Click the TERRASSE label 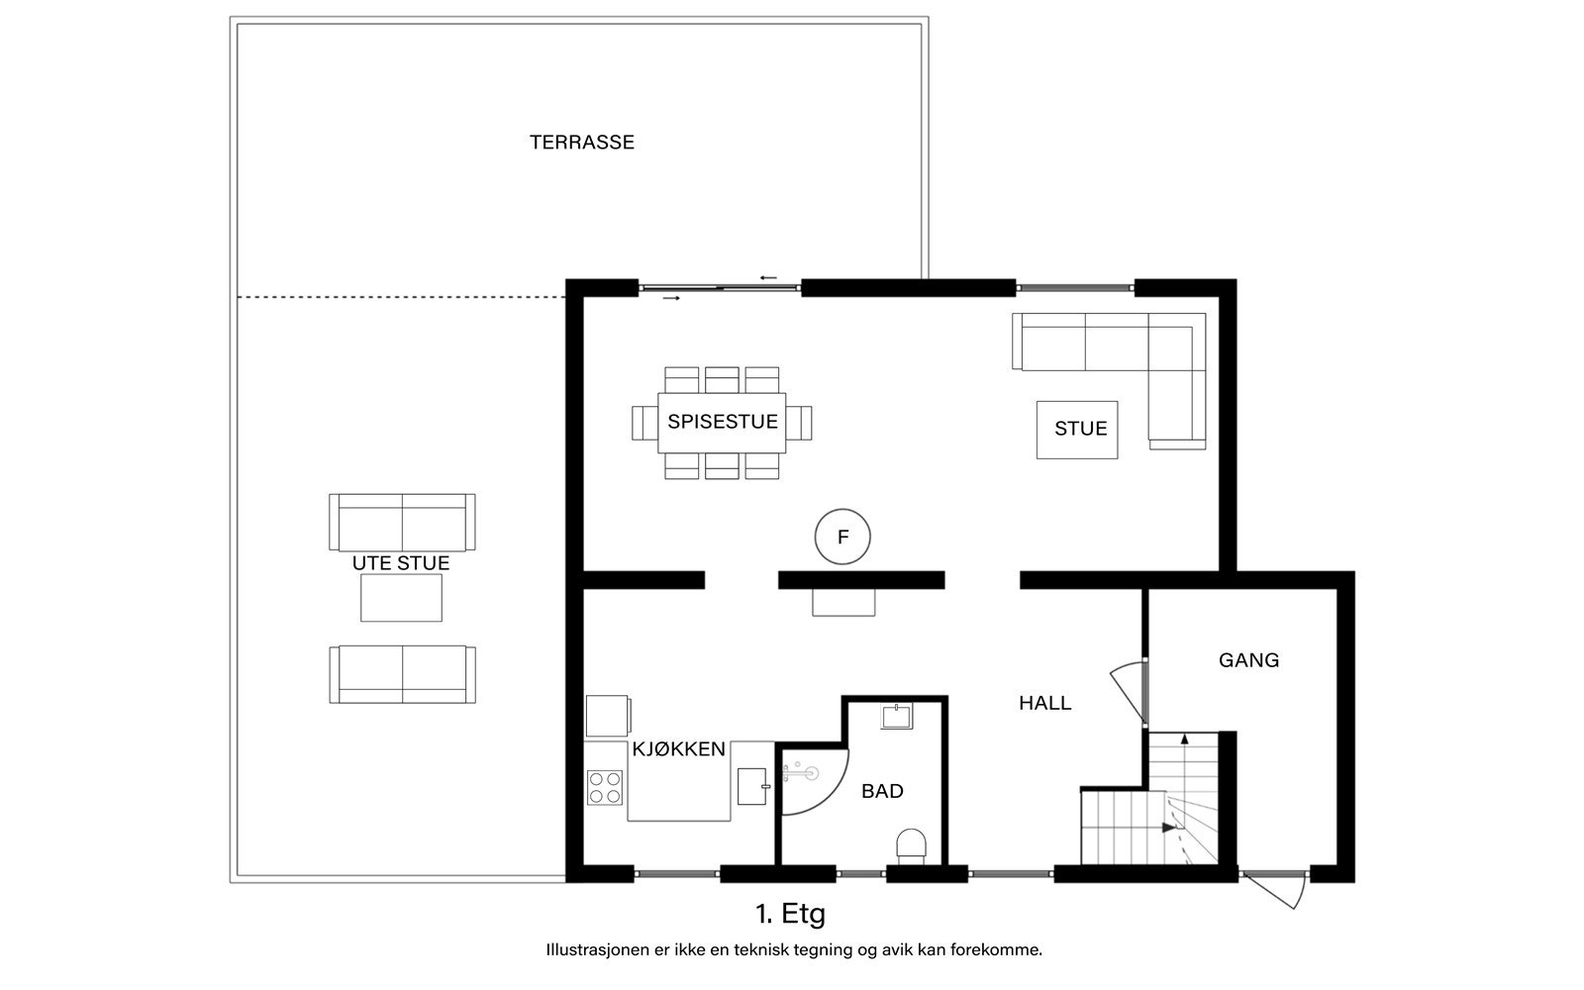pos(582,143)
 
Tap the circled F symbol pos(842,537)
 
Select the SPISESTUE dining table pos(722,423)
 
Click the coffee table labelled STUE pos(1077,430)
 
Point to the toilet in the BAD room pos(911,846)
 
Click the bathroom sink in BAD pos(897,716)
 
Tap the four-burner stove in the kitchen pos(605,788)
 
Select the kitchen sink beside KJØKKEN pos(751,786)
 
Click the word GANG pos(1248,660)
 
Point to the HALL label pos(1045,703)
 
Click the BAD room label pos(882,791)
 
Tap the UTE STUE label pos(401,563)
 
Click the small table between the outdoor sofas pos(401,598)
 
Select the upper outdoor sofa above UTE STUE pos(402,523)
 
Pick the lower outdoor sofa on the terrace pos(402,674)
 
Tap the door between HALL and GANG pos(1129,693)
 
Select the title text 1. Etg pos(791,915)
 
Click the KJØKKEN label pos(679,749)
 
